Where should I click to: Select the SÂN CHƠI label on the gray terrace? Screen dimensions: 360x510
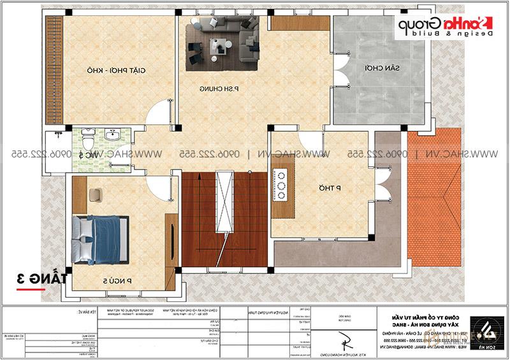pos(360,68)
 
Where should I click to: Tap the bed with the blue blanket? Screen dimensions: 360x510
pos(101,238)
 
